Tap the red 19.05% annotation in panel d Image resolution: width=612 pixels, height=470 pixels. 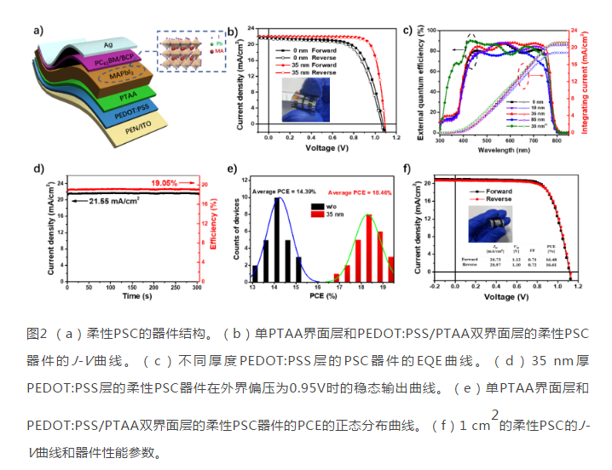[169, 182]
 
